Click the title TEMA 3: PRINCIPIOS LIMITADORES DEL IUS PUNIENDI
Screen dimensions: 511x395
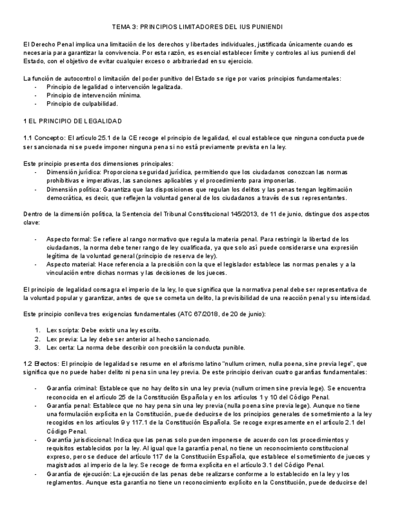tap(197, 28)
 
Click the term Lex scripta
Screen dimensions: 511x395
tap(62, 330)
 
